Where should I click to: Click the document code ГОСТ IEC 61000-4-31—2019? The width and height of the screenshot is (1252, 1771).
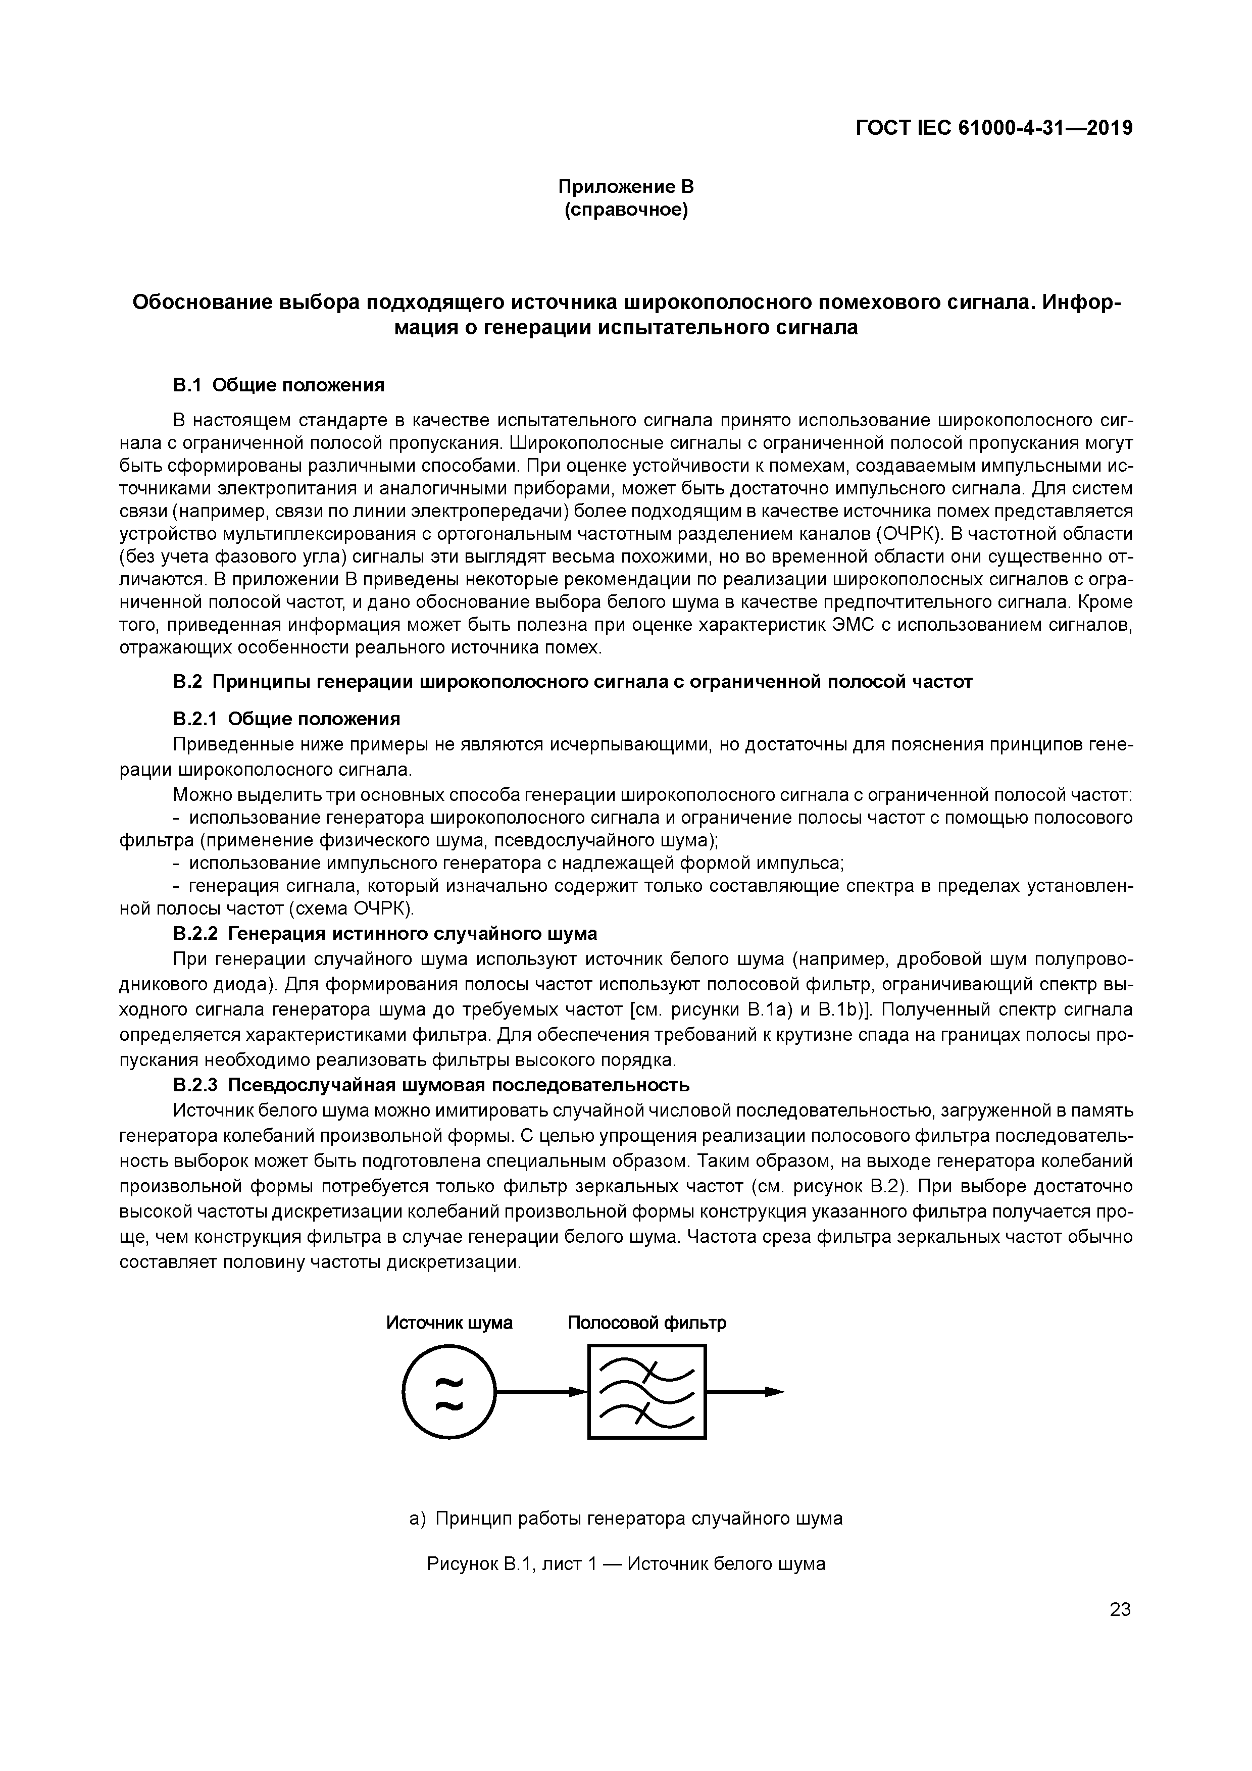[x=993, y=128]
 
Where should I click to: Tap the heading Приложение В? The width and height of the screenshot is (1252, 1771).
[x=626, y=187]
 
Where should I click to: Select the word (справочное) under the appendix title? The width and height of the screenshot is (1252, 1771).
[x=626, y=210]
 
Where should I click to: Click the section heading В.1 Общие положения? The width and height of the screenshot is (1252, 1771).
[x=278, y=384]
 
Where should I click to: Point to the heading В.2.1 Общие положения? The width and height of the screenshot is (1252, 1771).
[x=286, y=719]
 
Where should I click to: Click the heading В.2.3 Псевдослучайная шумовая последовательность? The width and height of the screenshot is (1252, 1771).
[x=430, y=1085]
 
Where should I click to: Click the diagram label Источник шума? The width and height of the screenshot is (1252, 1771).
[x=449, y=1323]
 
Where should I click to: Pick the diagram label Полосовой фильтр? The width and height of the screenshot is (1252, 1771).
[x=646, y=1323]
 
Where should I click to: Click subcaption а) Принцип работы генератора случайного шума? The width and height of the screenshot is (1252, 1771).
[x=626, y=1519]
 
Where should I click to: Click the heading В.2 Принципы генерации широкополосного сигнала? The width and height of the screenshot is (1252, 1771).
[x=572, y=682]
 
